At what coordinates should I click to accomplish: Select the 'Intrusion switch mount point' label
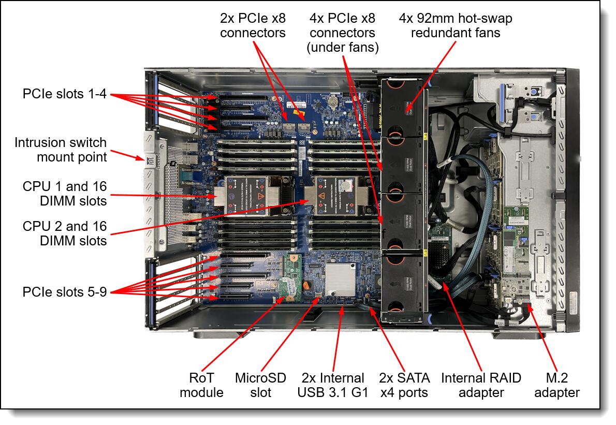click(61, 149)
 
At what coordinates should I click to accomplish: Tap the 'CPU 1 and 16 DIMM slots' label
click(64, 193)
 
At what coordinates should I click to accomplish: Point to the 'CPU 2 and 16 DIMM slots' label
click(64, 233)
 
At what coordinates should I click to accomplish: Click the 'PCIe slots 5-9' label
click(64, 292)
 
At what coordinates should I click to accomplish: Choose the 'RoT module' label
click(201, 385)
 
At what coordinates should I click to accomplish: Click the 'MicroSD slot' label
click(260, 385)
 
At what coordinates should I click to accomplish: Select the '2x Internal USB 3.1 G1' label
click(332, 385)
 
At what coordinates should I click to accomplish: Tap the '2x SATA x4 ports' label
click(404, 385)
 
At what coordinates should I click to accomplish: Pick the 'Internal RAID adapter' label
click(480, 385)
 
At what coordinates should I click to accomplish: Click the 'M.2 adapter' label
click(556, 385)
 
